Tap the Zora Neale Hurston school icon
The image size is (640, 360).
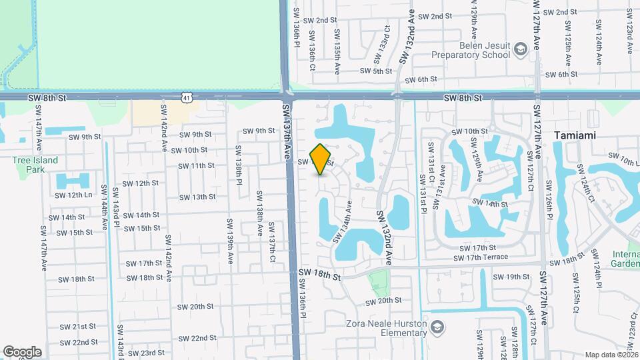[x=437, y=327]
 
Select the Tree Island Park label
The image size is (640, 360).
[x=35, y=164]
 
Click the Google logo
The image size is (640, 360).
[x=22, y=351]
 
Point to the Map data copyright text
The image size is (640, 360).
[x=610, y=355]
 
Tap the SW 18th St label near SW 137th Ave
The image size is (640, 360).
[x=319, y=273]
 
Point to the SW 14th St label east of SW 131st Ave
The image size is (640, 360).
[x=490, y=203]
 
